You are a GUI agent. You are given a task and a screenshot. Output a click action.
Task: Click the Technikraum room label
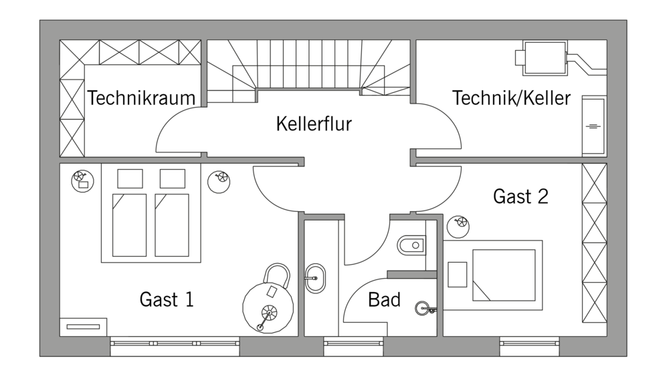pos(141,98)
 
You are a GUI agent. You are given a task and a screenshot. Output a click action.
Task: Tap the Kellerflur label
pos(314,124)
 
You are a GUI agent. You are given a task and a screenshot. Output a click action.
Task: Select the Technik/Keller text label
pos(512,98)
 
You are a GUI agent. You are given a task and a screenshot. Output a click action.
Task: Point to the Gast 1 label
pos(167,299)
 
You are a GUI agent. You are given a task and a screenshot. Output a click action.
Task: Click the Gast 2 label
pos(520,197)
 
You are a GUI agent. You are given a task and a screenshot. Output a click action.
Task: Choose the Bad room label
pos(384,299)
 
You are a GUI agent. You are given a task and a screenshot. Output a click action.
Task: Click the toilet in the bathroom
pos(409,245)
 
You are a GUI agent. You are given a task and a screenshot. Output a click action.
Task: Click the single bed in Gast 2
pos(503,275)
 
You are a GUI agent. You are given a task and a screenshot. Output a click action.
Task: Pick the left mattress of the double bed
pos(129,225)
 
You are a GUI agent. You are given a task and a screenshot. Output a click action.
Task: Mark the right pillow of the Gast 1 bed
pos(173,178)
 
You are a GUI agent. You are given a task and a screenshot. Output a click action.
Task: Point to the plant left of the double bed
pos(80,178)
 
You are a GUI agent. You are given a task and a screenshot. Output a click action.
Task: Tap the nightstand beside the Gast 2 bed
pos(458,275)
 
